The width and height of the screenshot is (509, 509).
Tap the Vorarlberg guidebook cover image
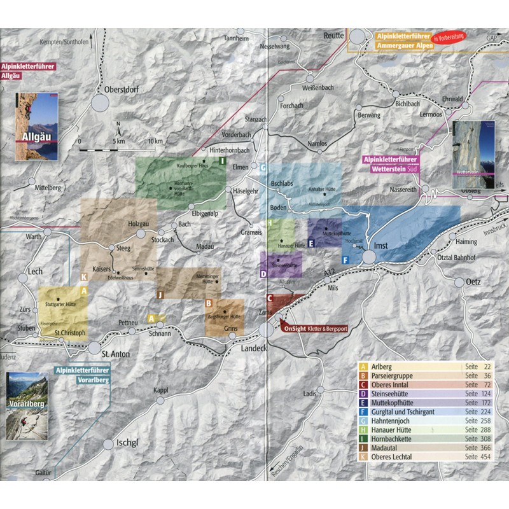[x=26, y=407]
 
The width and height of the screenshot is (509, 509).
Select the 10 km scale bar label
[x=155, y=141]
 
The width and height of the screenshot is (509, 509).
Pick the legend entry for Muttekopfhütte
[x=401, y=403]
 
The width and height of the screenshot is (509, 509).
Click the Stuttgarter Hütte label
[x=62, y=305]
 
